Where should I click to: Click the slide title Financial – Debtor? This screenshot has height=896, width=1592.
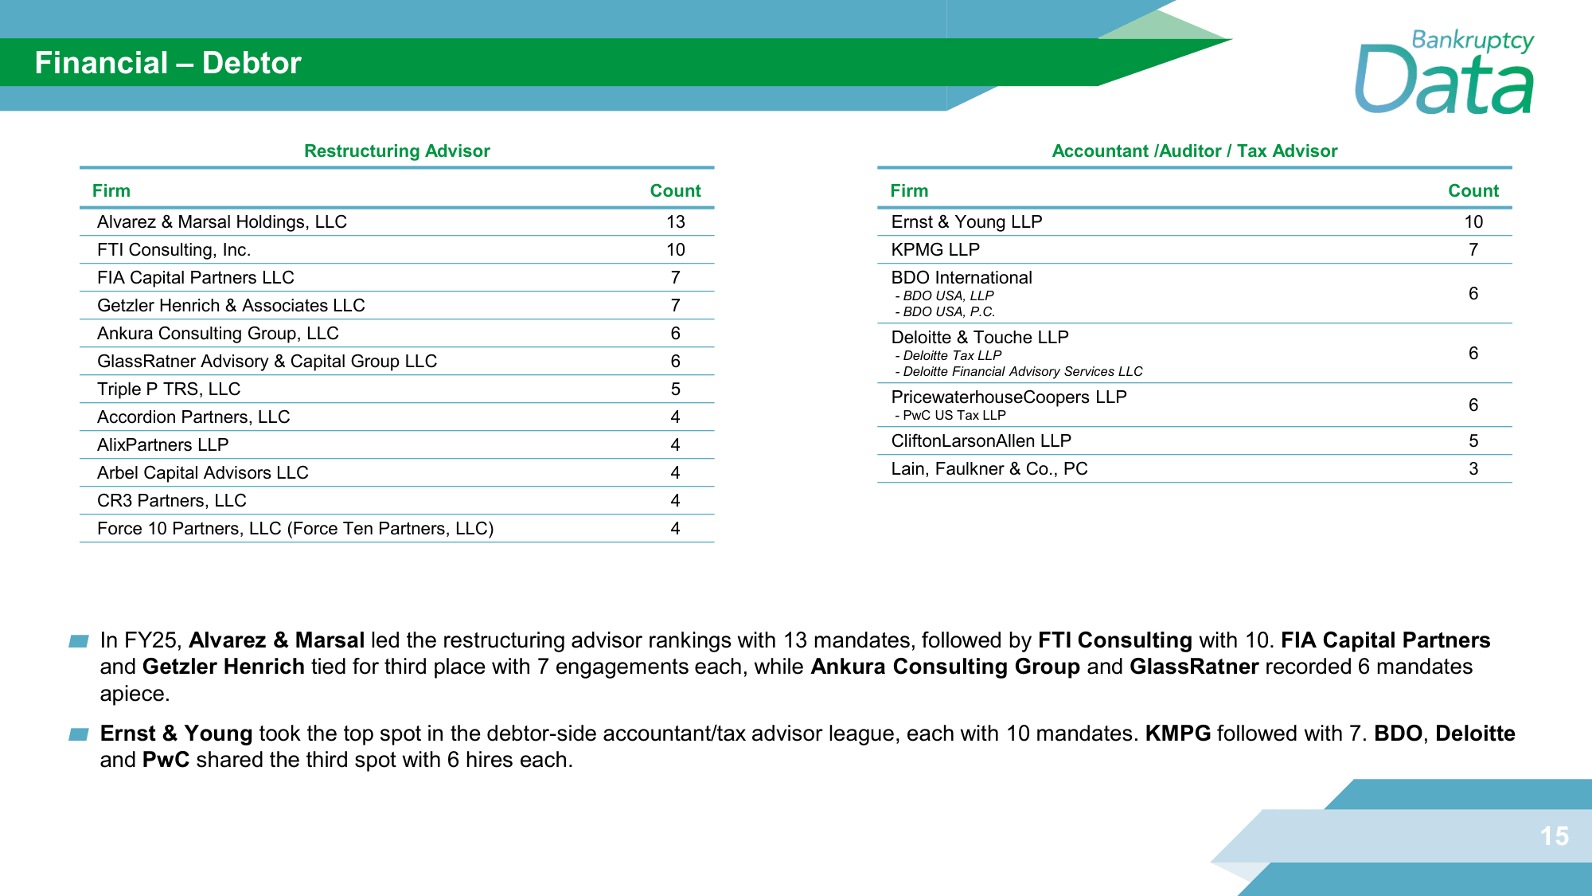pos(168,63)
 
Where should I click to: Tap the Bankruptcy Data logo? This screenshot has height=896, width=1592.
pos(1444,73)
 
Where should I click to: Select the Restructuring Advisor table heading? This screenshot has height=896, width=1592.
pos(396,151)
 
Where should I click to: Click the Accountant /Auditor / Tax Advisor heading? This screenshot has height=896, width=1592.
pos(1194,151)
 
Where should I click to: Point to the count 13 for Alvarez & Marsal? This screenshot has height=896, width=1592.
pos(675,222)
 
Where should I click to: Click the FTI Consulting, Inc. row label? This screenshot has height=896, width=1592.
pos(174,250)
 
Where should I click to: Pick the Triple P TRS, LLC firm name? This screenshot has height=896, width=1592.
pos(169,389)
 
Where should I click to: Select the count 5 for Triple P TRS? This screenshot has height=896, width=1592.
pos(675,389)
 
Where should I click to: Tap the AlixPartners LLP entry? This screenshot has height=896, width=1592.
pos(162,445)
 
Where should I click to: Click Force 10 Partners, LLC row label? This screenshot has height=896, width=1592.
pos(295,529)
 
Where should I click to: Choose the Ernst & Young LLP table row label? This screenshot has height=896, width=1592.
pos(966,222)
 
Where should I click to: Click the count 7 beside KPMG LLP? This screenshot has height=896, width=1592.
pos(1473,250)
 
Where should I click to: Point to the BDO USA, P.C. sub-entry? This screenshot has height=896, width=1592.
pos(948,312)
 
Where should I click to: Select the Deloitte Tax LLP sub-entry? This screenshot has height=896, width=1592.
pos(951,356)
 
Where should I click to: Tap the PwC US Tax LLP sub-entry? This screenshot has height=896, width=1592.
pos(954,416)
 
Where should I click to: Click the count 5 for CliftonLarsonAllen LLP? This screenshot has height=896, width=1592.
pos(1473,441)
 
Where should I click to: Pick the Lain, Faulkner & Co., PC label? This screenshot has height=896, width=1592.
pos(989,469)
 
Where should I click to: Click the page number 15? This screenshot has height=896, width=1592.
pos(1554,836)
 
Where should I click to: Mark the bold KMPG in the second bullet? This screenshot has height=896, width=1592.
pos(1177,734)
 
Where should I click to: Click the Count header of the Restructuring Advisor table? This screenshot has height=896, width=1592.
pos(675,191)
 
